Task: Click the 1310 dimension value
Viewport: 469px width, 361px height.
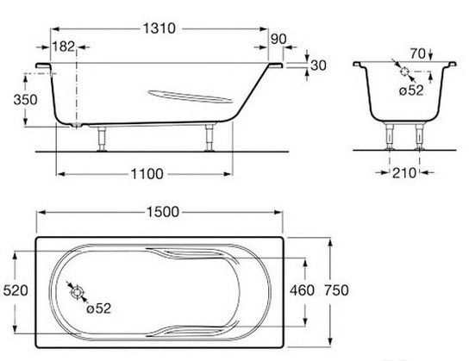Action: coord(159,28)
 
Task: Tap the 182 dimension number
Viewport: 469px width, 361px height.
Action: coord(64,47)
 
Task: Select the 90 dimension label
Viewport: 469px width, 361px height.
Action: coord(278,39)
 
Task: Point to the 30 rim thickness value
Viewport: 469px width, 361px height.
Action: coord(318,65)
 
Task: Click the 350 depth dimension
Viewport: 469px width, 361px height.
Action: coord(25,100)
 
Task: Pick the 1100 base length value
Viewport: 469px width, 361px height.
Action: coord(147,174)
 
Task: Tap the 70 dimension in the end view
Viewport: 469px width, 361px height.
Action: coord(417,53)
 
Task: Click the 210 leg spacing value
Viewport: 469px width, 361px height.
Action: coord(404,172)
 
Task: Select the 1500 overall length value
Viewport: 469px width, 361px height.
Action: coord(163,212)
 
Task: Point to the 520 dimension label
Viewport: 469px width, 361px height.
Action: coord(16,290)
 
